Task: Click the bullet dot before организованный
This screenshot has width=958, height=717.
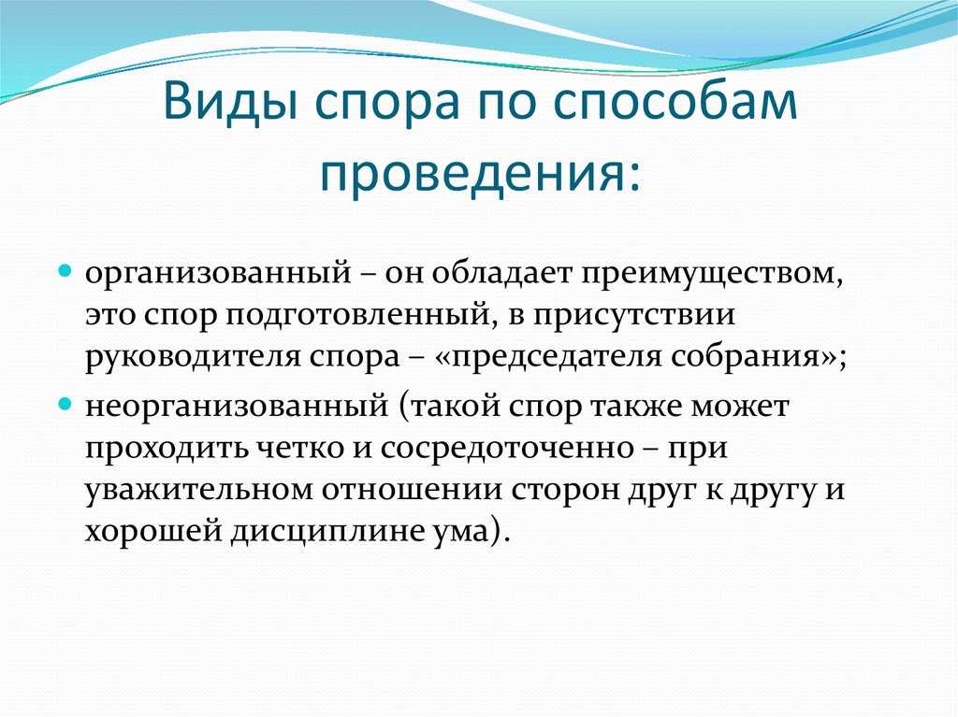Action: [x=65, y=269]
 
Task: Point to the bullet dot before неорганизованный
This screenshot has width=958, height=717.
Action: [x=65, y=404]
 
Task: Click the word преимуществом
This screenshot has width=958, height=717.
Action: [x=712, y=274]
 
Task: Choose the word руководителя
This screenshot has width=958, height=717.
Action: [x=192, y=357]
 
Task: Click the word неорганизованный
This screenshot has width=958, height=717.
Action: [x=237, y=406]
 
